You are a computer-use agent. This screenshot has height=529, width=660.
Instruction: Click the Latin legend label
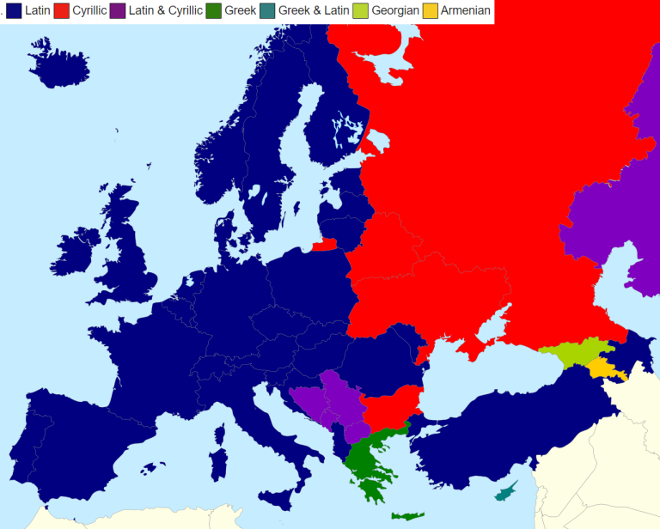37,11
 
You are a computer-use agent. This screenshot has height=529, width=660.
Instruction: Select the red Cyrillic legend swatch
62,11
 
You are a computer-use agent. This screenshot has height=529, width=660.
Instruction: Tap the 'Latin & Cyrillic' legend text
165,11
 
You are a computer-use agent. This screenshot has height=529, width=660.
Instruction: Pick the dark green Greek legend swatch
214,11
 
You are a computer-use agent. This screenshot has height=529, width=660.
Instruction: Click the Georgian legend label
395,11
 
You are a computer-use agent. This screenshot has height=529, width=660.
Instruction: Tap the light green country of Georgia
571,353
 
